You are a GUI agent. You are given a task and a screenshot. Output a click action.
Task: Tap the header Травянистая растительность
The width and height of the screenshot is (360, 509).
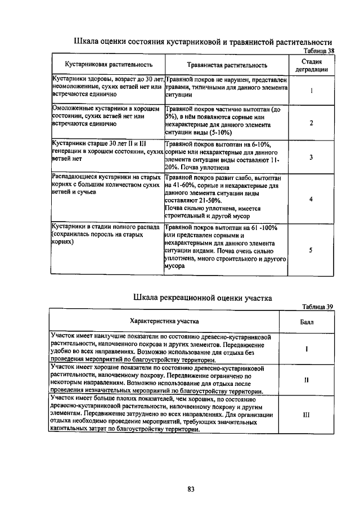tap(227, 65)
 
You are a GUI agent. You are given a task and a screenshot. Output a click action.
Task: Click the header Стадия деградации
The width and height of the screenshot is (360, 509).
tap(311, 65)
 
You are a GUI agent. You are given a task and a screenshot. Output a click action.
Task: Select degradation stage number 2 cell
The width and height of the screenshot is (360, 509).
tap(311, 123)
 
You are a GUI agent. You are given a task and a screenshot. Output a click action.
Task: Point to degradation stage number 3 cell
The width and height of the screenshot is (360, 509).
tap(311, 156)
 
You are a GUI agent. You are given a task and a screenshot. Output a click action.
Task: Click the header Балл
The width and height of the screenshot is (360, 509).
tap(307, 321)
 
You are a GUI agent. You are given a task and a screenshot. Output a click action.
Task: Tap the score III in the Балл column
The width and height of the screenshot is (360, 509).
tap(307, 414)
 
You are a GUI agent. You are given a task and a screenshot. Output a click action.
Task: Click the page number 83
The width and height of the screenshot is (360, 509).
tap(191, 489)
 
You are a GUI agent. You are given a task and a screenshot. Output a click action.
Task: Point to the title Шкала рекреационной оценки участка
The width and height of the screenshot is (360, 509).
tap(203, 297)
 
